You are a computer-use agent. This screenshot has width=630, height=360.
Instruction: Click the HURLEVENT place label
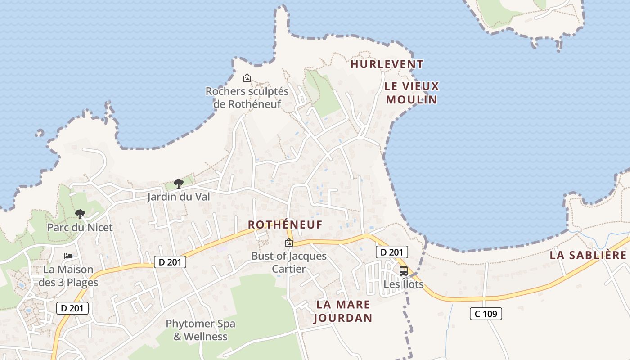(387, 64)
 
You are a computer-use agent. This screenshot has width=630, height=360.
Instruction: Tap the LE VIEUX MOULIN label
(412, 93)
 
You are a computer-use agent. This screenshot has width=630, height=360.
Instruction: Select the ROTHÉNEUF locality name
(285, 225)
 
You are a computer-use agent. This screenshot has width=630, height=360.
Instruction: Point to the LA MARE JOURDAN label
(343, 311)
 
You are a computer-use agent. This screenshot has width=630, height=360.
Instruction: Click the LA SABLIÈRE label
(588, 255)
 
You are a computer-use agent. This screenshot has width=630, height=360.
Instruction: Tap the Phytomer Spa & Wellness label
(200, 330)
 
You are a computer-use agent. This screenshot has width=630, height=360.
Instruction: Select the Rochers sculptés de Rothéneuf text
(247, 98)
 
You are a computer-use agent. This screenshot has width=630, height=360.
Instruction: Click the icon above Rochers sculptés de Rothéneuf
(247, 78)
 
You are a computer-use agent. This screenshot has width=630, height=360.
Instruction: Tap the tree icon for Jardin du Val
(178, 183)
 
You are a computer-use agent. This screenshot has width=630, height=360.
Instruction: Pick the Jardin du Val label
(178, 197)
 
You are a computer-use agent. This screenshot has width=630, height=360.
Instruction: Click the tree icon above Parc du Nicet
(80, 214)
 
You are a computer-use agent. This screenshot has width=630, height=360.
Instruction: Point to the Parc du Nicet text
(80, 227)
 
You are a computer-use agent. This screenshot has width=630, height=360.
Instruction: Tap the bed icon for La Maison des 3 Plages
(68, 256)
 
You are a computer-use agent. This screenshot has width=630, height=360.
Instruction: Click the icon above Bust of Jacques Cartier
(289, 243)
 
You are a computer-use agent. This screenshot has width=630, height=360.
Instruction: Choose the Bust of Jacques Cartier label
(289, 262)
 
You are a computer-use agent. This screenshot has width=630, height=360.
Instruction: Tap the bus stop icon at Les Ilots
(404, 270)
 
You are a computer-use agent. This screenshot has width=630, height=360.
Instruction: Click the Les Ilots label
(404, 284)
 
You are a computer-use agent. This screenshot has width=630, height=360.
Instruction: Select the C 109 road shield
(486, 314)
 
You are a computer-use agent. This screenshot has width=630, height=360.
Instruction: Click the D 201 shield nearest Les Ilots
(391, 252)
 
